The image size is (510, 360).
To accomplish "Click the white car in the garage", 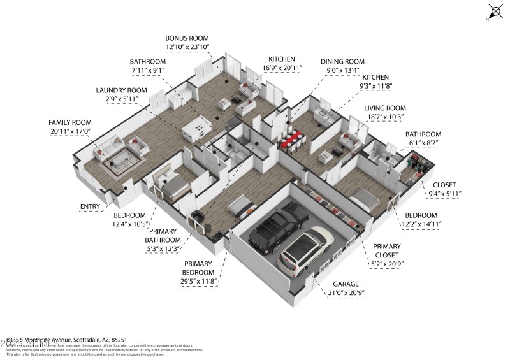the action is pyautogui.click(x=306, y=247).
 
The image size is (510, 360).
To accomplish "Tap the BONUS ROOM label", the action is pyautogui.click(x=187, y=38).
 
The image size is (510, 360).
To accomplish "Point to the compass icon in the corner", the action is pyautogui.click(x=495, y=11).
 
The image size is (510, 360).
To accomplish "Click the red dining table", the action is pyautogui.click(x=294, y=140).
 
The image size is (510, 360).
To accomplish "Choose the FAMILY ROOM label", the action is pyautogui.click(x=70, y=122).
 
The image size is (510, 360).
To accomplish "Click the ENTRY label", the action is pyautogui.click(x=91, y=206).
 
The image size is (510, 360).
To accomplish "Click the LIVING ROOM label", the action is pyautogui.click(x=384, y=108).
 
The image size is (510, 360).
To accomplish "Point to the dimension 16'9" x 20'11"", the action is pyautogui.click(x=285, y=68).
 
